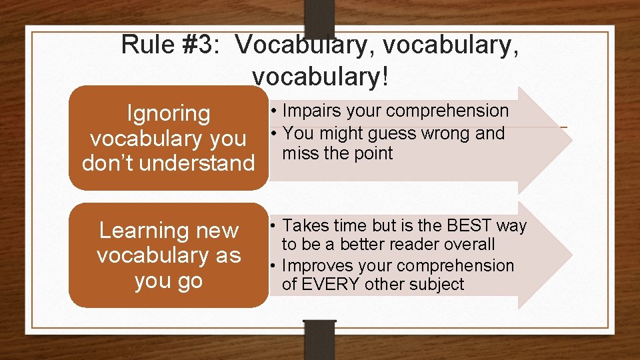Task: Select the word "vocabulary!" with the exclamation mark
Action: pos(319,77)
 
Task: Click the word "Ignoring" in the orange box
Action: pos(168,113)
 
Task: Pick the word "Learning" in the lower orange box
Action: pos(139,231)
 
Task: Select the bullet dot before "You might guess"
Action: pos(274,133)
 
